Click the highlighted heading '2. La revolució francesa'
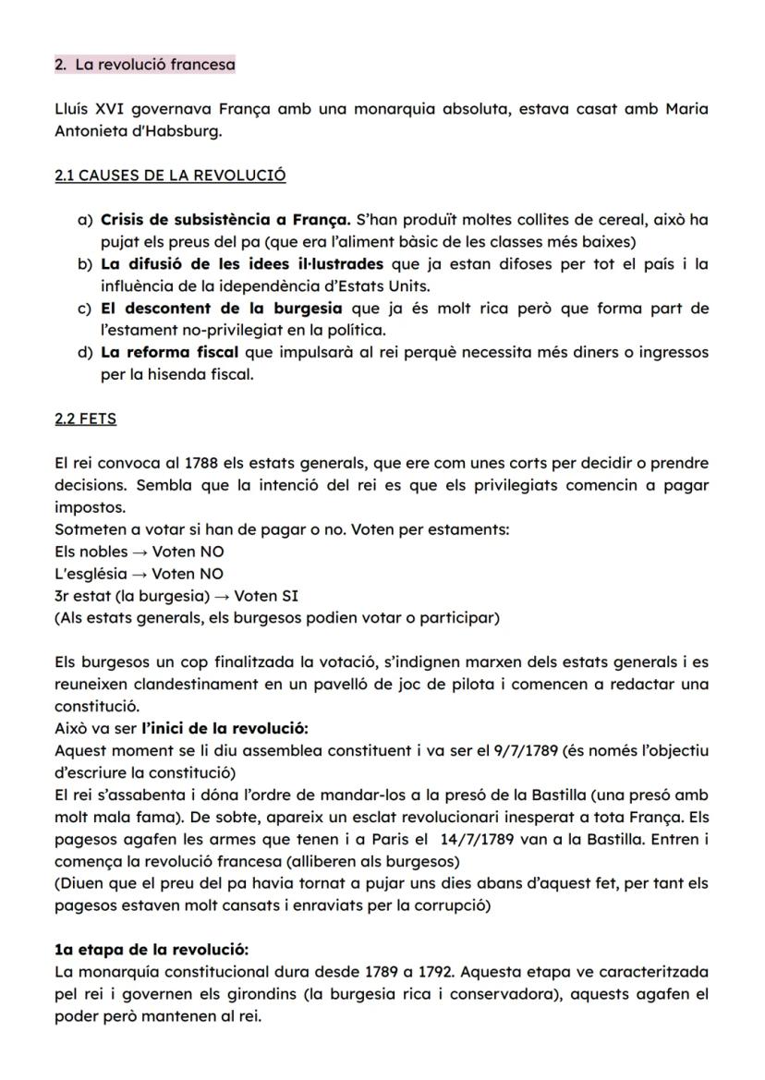tap(145, 65)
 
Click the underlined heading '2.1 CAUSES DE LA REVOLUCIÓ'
tap(170, 175)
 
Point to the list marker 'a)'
tap(85, 220)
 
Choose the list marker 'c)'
tap(85, 308)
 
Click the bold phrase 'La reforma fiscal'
tap(169, 352)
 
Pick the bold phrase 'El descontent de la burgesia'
tap(221, 308)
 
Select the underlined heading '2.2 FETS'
tap(85, 419)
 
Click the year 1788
tap(202, 463)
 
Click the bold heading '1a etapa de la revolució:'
tap(152, 950)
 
